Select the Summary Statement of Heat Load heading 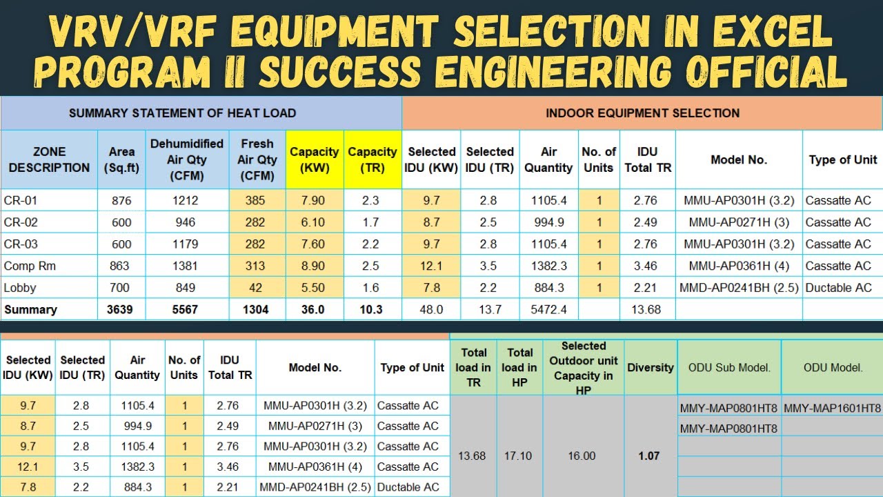click(182, 113)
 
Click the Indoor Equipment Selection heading click(642, 113)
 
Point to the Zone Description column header click(49, 159)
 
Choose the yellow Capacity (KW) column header click(314, 159)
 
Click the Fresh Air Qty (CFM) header click(257, 159)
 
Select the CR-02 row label click(21, 222)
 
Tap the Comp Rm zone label click(30, 266)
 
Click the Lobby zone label click(20, 288)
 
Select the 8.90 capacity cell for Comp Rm click(313, 266)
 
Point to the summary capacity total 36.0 click(312, 310)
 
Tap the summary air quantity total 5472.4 click(548, 310)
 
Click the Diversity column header click(650, 367)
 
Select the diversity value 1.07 click(648, 456)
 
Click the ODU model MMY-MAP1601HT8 click(832, 408)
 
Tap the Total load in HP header click(519, 367)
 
